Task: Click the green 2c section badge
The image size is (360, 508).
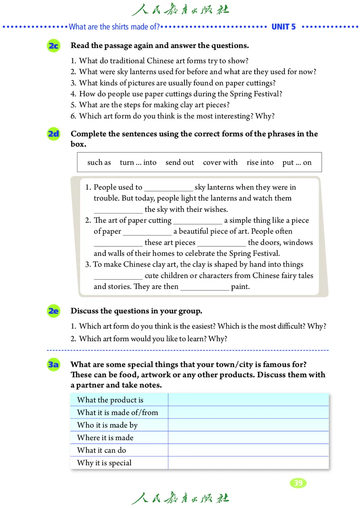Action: click(53, 46)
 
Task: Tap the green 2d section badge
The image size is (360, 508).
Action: click(53, 134)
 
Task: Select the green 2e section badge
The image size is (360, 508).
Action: click(53, 311)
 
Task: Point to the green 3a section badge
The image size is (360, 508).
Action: click(53, 365)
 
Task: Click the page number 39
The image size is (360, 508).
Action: click(297, 483)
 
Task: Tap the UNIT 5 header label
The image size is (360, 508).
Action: click(283, 27)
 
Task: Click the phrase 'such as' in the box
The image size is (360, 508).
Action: click(99, 163)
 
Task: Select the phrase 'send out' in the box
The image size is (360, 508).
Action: click(180, 163)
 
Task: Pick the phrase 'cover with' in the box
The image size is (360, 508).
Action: click(220, 163)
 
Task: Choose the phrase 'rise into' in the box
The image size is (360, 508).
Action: click(260, 163)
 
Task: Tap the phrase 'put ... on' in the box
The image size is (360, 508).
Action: click(297, 163)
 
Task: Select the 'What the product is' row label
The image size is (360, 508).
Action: click(110, 400)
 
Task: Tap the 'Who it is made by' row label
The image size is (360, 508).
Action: click(108, 425)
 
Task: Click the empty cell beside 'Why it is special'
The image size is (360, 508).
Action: click(248, 463)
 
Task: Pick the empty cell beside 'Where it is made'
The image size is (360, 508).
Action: click(248, 438)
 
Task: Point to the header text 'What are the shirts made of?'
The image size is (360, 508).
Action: click(114, 27)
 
